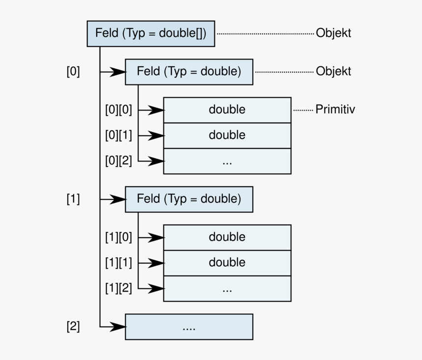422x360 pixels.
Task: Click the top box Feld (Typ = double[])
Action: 151,33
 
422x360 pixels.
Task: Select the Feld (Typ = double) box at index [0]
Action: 189,72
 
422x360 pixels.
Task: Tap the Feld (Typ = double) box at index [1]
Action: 189,199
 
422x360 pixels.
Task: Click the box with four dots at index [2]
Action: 189,327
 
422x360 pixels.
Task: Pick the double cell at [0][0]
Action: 227,110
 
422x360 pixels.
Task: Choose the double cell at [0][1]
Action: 227,135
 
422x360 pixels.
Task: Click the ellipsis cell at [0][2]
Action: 227,161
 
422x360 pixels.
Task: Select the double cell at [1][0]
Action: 227,237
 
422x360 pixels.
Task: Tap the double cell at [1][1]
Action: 227,263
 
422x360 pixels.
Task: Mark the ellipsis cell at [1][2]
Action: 227,289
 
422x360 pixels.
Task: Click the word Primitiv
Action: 335,110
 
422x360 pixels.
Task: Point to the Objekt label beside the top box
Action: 333,33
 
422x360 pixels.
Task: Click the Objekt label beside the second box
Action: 333,72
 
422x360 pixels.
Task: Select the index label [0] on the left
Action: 73,72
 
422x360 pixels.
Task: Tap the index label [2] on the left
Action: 73,327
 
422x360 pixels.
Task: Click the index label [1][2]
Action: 118,288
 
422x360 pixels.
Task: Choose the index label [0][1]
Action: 118,135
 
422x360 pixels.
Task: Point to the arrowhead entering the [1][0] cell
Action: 157,238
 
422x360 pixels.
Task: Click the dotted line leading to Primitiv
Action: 303,110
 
